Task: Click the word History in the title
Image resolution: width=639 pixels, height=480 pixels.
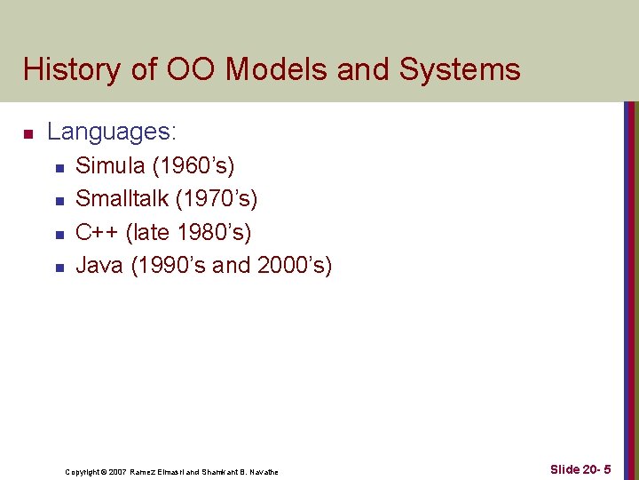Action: [x=74, y=69]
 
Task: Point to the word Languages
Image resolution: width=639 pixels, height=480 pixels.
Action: [x=112, y=133]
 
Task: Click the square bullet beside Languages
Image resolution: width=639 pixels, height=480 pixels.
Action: [x=28, y=135]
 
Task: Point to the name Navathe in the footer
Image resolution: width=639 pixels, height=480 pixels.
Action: [x=264, y=472]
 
